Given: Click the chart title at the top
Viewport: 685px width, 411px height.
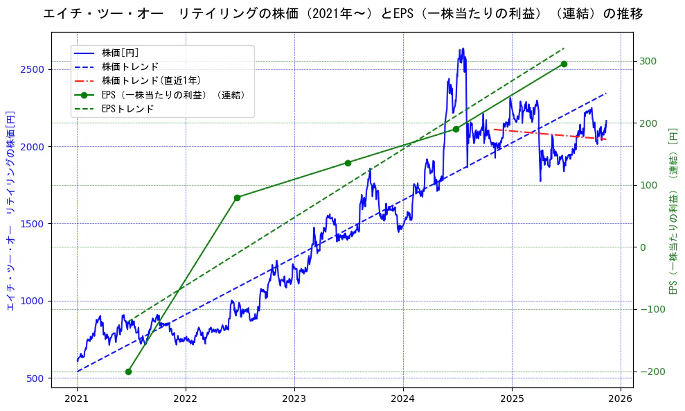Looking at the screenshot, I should tap(342, 14).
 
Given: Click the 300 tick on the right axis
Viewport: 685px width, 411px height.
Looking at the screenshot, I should tap(647, 61).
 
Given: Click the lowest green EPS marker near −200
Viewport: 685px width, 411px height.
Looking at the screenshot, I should tap(128, 371).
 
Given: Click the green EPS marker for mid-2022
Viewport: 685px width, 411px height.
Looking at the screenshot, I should tap(237, 198).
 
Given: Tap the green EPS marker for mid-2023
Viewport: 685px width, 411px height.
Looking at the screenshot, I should tap(348, 163).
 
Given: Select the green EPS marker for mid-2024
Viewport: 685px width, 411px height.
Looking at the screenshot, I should tap(456, 129).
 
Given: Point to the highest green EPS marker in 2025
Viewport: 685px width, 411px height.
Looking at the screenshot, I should tap(564, 64).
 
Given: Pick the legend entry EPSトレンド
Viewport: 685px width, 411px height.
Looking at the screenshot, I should tap(127, 109).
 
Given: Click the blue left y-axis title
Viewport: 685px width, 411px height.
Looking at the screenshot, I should tap(10, 211).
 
